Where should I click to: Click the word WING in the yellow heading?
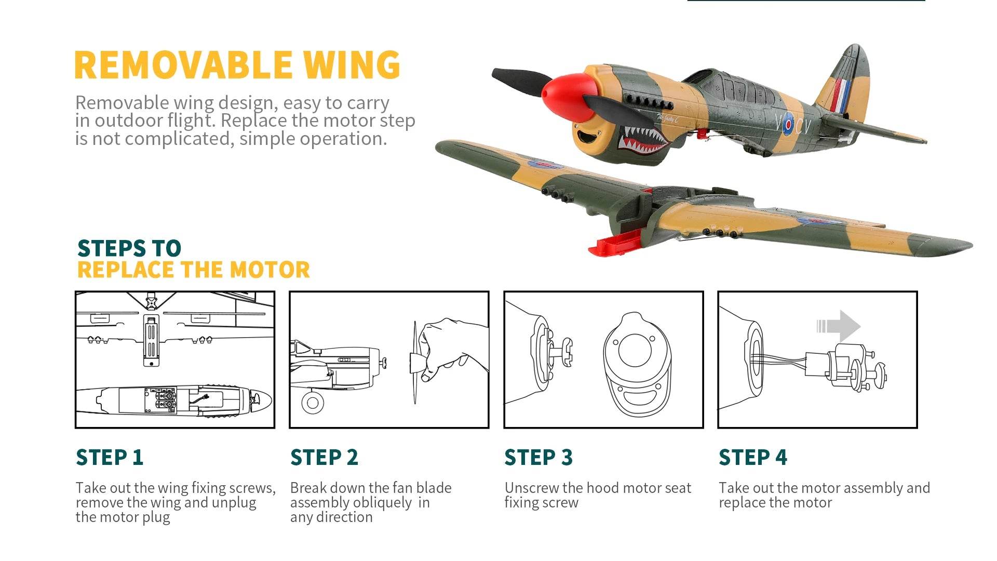(x=352, y=65)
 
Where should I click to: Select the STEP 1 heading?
(x=110, y=458)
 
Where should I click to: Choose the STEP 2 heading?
(x=324, y=458)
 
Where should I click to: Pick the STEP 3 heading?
(x=538, y=458)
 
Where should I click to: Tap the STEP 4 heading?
(x=752, y=458)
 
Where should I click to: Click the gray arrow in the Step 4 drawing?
(x=840, y=326)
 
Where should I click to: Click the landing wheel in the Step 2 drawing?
(x=313, y=403)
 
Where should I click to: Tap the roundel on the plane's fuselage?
(x=788, y=124)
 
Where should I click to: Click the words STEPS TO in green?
(x=129, y=248)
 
